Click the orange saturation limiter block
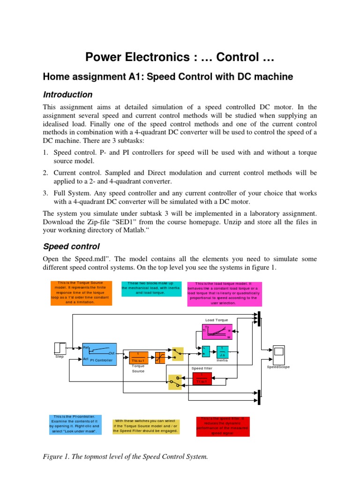point(160,357)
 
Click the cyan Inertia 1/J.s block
point(222,351)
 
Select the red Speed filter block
point(202,378)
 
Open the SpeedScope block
point(278,351)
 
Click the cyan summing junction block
point(206,351)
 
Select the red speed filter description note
point(223,426)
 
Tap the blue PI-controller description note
point(75,424)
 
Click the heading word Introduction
point(67,94)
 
